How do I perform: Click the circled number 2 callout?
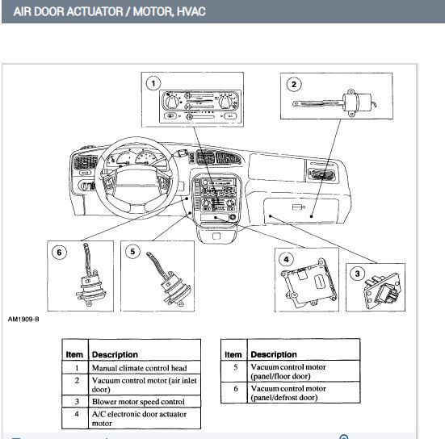tap(295, 83)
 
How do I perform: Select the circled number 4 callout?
tap(286, 259)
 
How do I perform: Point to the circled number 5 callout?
tap(134, 251)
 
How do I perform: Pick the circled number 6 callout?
tap(57, 251)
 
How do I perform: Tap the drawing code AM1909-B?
tap(23, 318)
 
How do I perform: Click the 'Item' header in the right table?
tap(233, 354)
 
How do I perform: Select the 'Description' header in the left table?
tap(115, 354)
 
